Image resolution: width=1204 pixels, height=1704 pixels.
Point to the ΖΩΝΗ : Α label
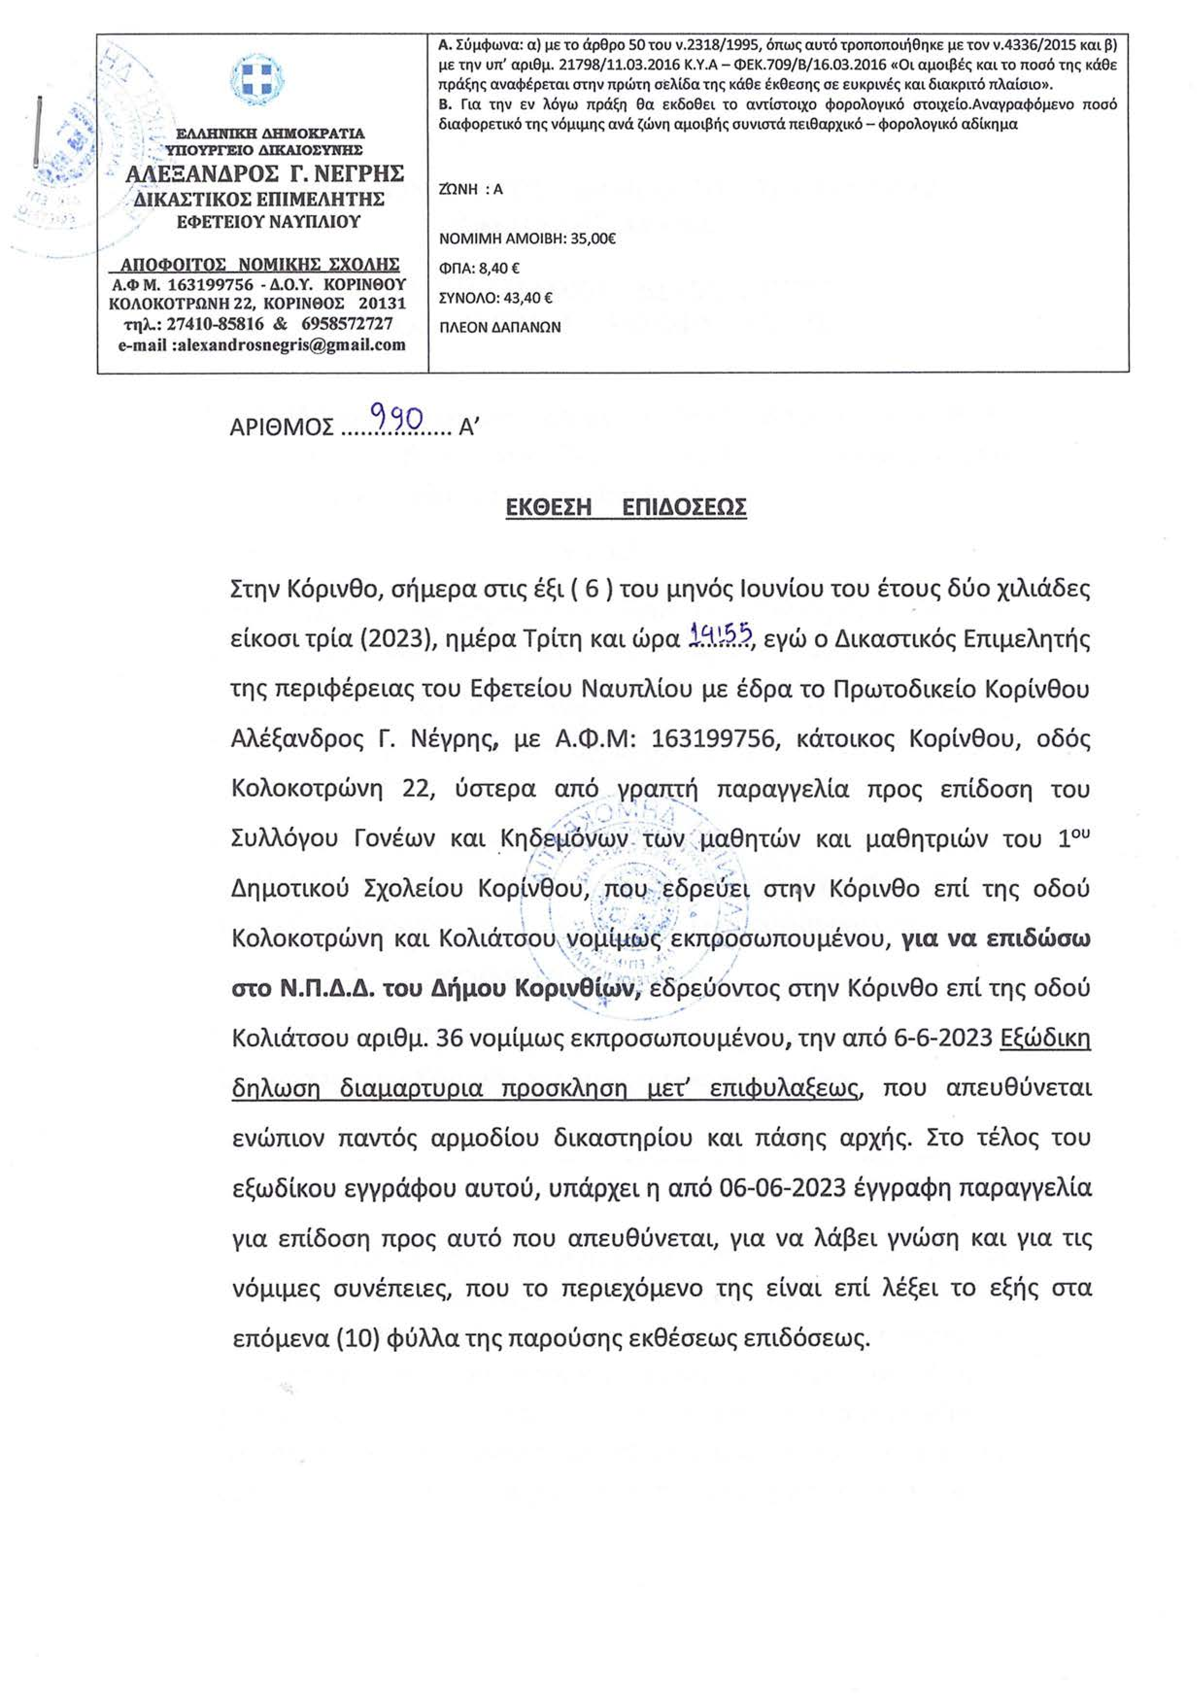471,189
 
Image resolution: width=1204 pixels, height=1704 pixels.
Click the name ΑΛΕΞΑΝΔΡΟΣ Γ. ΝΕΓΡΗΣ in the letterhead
265,174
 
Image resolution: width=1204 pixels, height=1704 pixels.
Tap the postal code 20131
382,304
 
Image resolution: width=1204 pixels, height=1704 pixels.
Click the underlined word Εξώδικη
1045,1038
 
